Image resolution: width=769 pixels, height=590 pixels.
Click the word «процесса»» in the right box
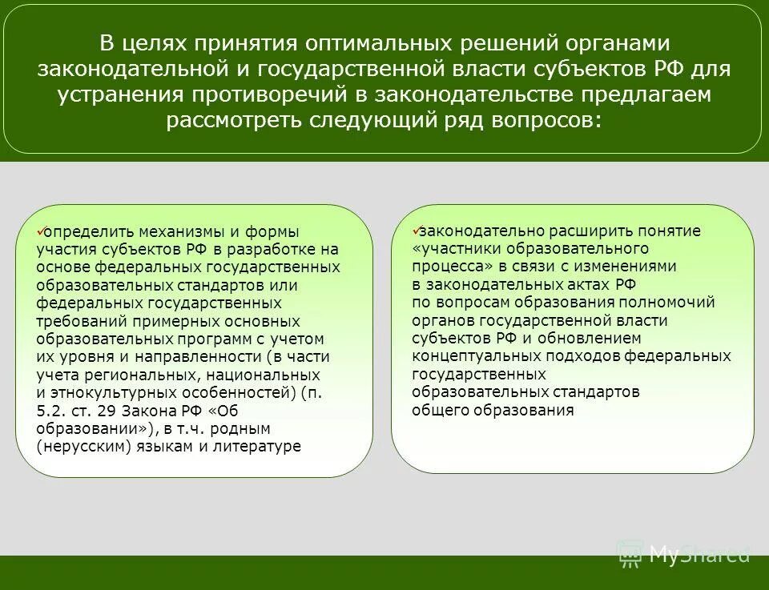pyautogui.click(x=447, y=267)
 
